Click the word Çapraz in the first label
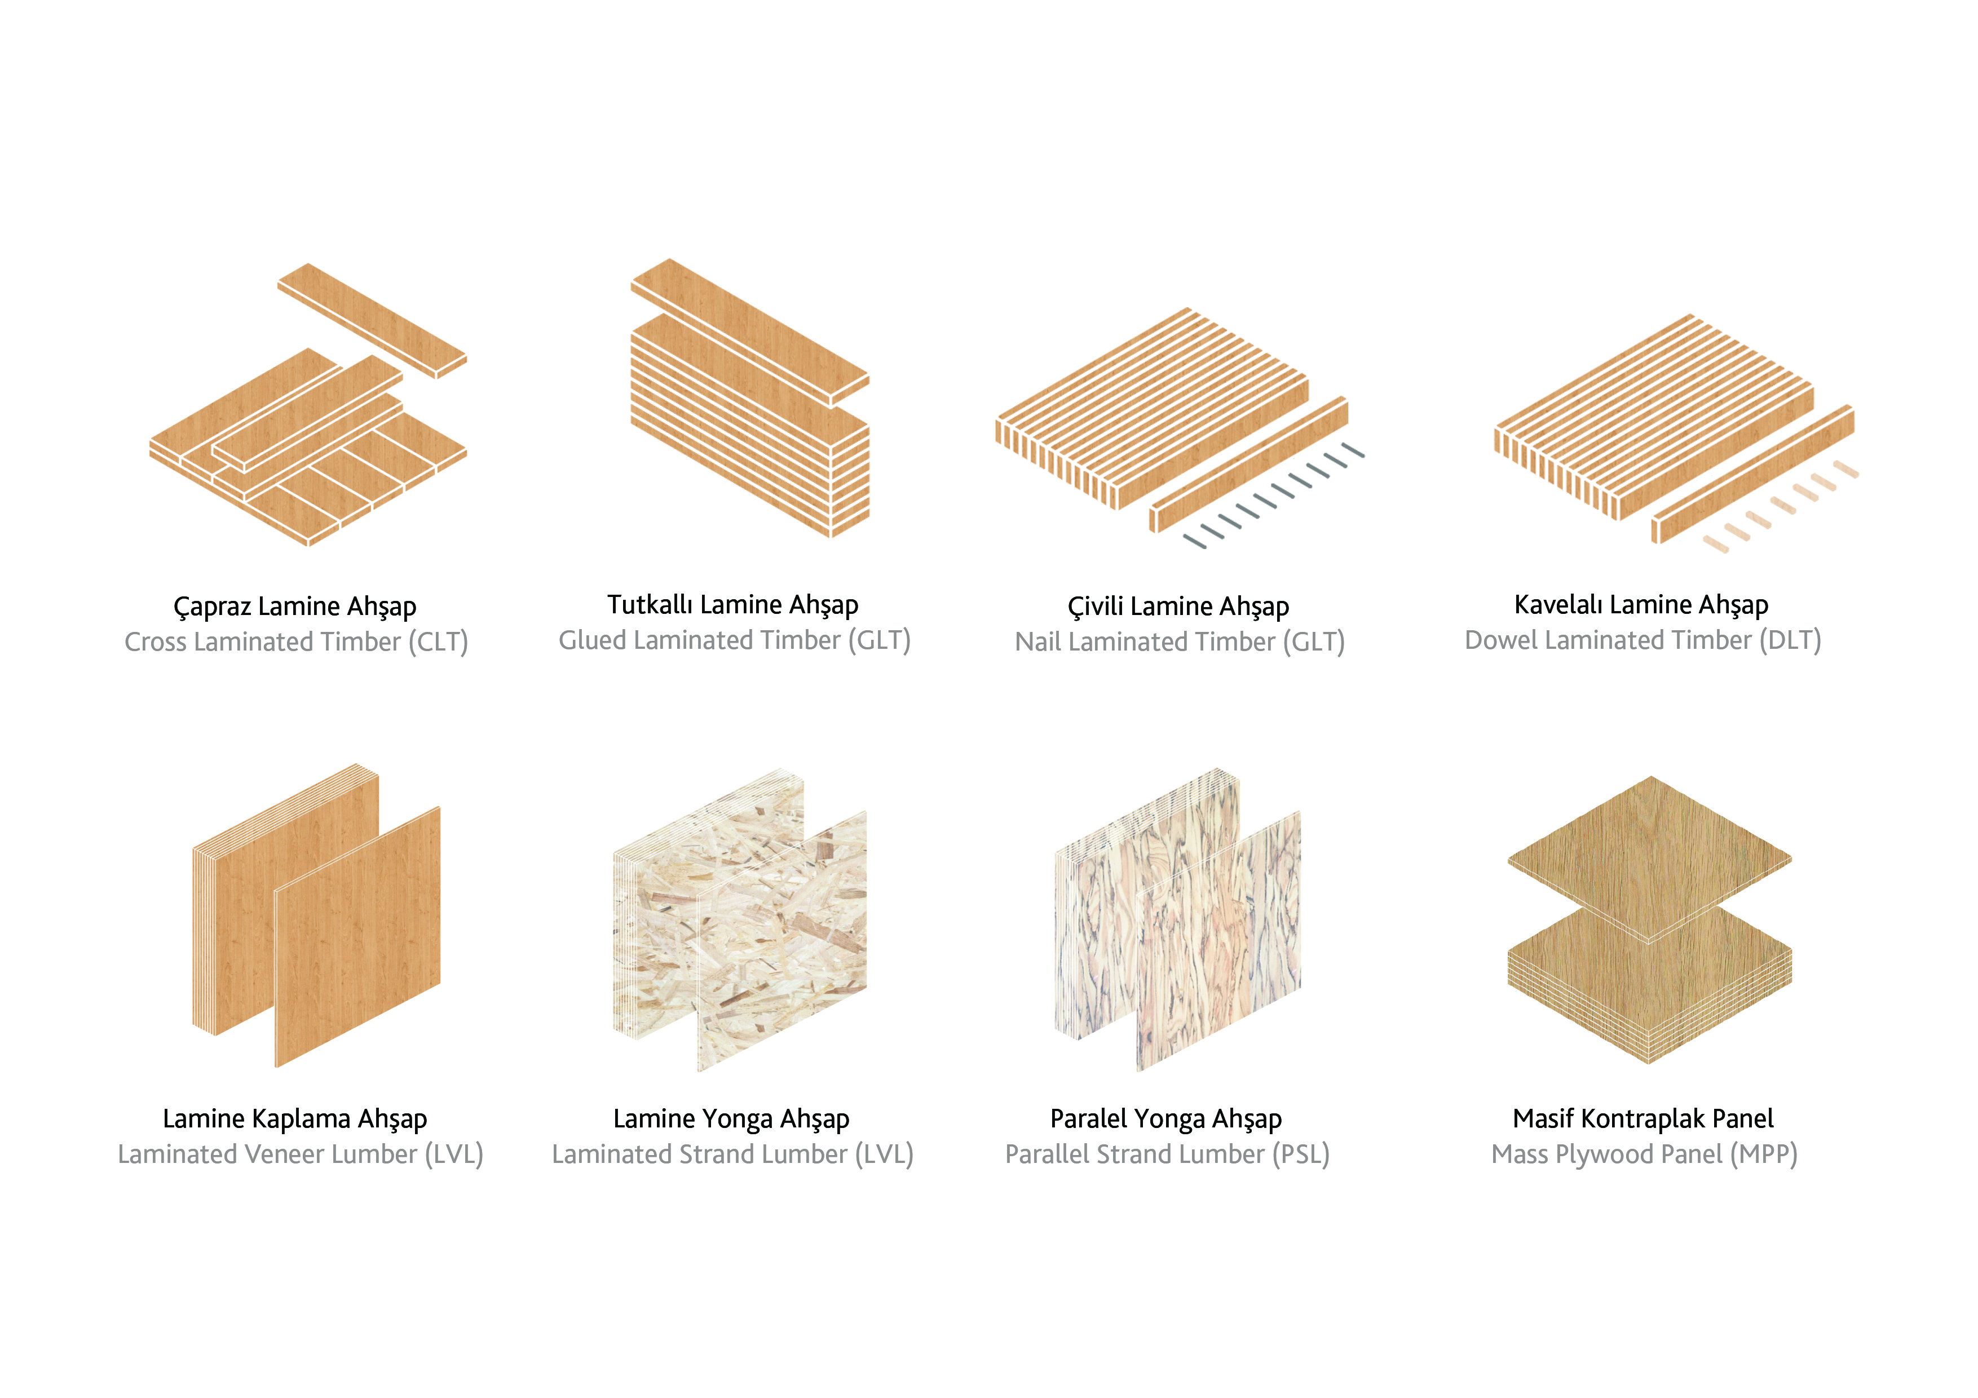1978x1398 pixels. pyautogui.click(x=212, y=607)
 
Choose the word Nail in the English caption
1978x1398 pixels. pyautogui.click(x=1037, y=642)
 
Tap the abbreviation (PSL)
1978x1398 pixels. pyautogui.click(x=1301, y=1155)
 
